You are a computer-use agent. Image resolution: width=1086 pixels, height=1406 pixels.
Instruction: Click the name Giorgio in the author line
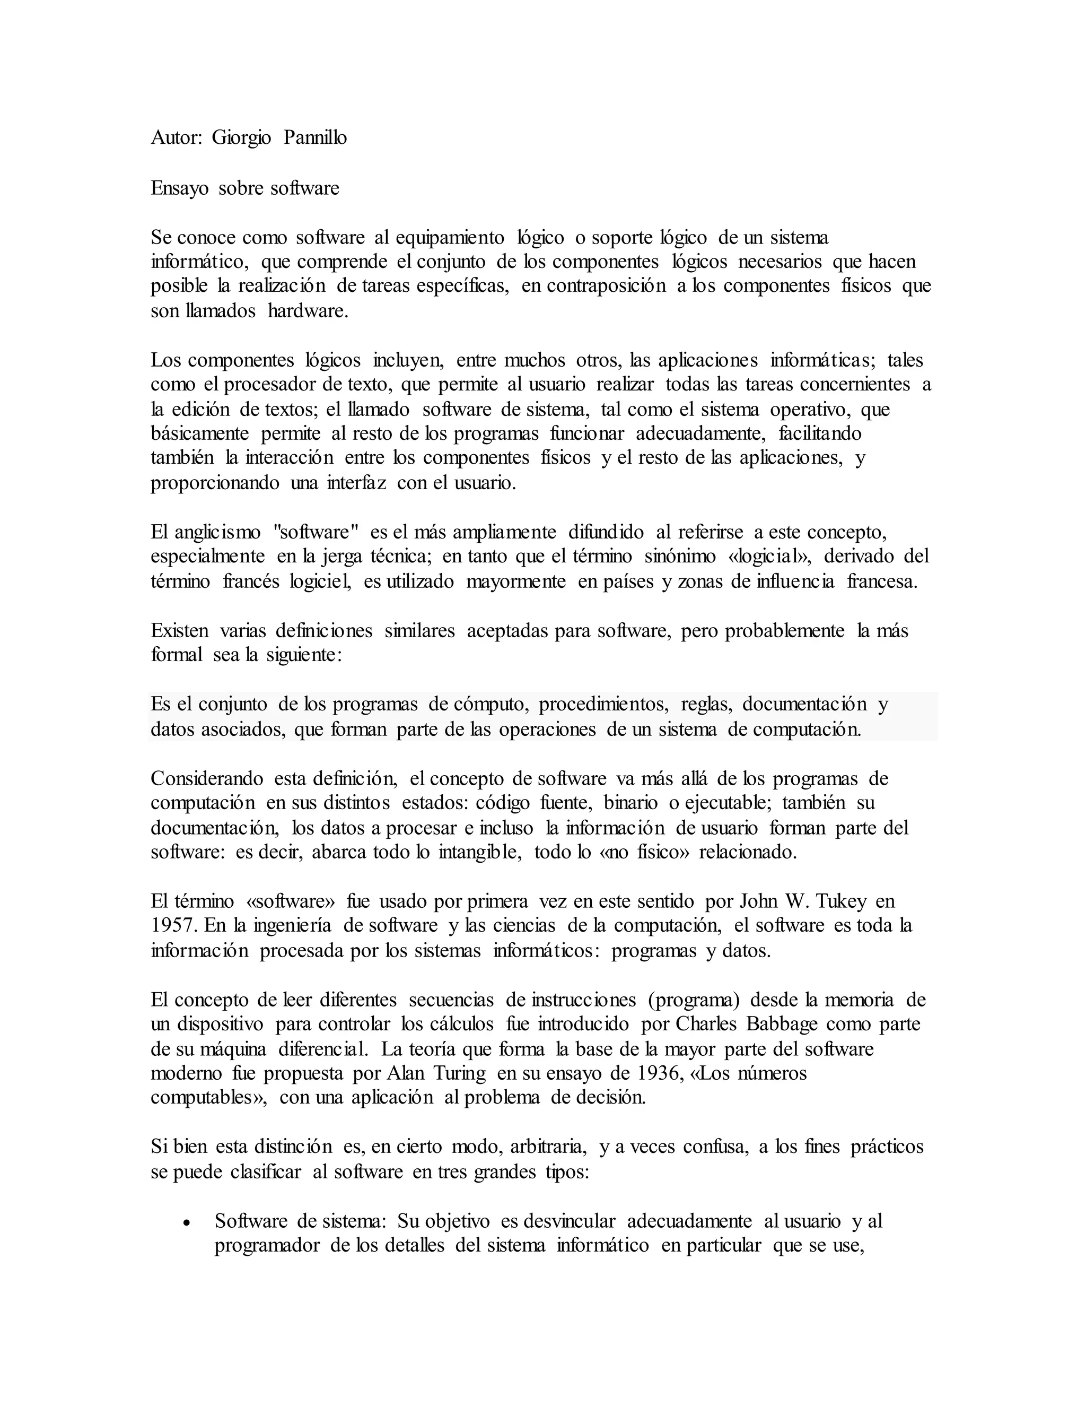[x=241, y=138]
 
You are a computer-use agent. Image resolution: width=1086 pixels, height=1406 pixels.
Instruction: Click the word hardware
[x=308, y=311]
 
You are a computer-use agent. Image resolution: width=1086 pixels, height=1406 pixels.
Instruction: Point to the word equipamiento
[x=450, y=238]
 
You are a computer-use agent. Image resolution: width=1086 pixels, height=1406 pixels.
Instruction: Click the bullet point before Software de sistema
[x=187, y=1222]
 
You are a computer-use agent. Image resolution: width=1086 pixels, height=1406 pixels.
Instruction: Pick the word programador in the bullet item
[x=267, y=1245]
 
